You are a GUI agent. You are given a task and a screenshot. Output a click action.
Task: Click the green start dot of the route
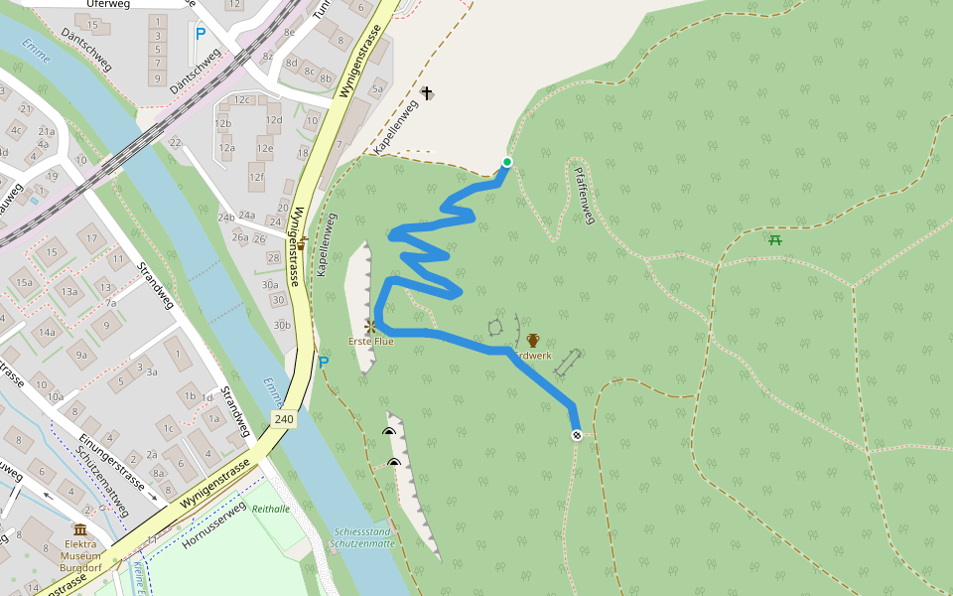pyautogui.click(x=507, y=162)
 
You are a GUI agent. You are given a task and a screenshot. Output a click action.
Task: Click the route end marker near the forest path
pyautogui.click(x=576, y=435)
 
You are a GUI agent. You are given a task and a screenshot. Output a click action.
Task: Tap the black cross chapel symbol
pyautogui.click(x=427, y=93)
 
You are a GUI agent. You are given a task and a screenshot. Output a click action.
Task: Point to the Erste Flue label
pyautogui.click(x=370, y=342)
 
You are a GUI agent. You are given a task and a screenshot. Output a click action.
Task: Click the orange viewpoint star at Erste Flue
pyautogui.click(x=370, y=326)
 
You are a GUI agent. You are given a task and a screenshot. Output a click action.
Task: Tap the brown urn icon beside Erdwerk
pyautogui.click(x=533, y=340)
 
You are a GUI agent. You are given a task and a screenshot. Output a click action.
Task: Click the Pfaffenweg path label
pyautogui.click(x=585, y=195)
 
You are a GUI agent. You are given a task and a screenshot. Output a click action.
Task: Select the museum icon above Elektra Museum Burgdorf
pyautogui.click(x=80, y=529)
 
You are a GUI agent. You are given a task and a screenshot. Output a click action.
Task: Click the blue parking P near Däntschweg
pyautogui.click(x=201, y=33)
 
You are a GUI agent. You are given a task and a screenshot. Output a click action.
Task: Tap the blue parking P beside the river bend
pyautogui.click(x=323, y=362)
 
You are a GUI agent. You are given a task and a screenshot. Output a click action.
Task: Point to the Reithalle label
pyautogui.click(x=271, y=508)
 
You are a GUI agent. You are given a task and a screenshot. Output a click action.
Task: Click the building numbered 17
pyautogui.click(x=92, y=238)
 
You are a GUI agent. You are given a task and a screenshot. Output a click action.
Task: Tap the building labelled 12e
pyautogui.click(x=264, y=149)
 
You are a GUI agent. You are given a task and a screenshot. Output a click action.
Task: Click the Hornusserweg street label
pyautogui.click(x=214, y=525)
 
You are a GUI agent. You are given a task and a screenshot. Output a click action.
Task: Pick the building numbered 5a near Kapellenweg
pyautogui.click(x=377, y=89)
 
